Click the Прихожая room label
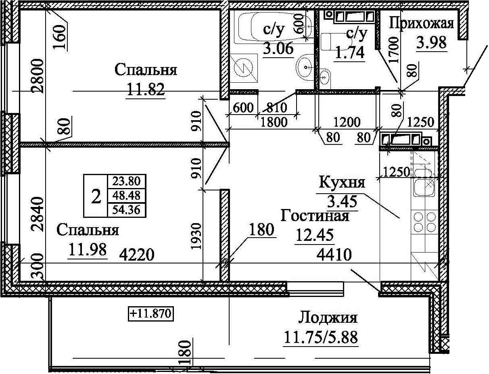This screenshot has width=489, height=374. coord(421,24)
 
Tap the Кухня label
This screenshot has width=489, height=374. coord(342,183)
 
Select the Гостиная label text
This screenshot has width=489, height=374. coord(315,215)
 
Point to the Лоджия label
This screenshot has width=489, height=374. coord(328,318)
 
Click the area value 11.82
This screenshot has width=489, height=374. coord(146,89)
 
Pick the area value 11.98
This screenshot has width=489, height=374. coord(88,249)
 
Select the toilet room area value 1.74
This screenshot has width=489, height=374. coord(349,53)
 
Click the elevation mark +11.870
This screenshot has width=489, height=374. coord(151,313)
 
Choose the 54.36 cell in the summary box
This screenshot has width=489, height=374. coord(126,210)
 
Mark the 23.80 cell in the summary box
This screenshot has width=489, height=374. coord(126,181)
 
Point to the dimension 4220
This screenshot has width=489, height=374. coord(136,255)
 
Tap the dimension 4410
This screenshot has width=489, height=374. coord(334,255)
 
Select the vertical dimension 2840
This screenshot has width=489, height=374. coord(37,214)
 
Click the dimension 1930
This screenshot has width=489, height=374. coord(197,236)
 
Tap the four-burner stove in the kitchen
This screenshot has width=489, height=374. coord(424,221)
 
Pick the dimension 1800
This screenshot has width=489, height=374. coord(274,122)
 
